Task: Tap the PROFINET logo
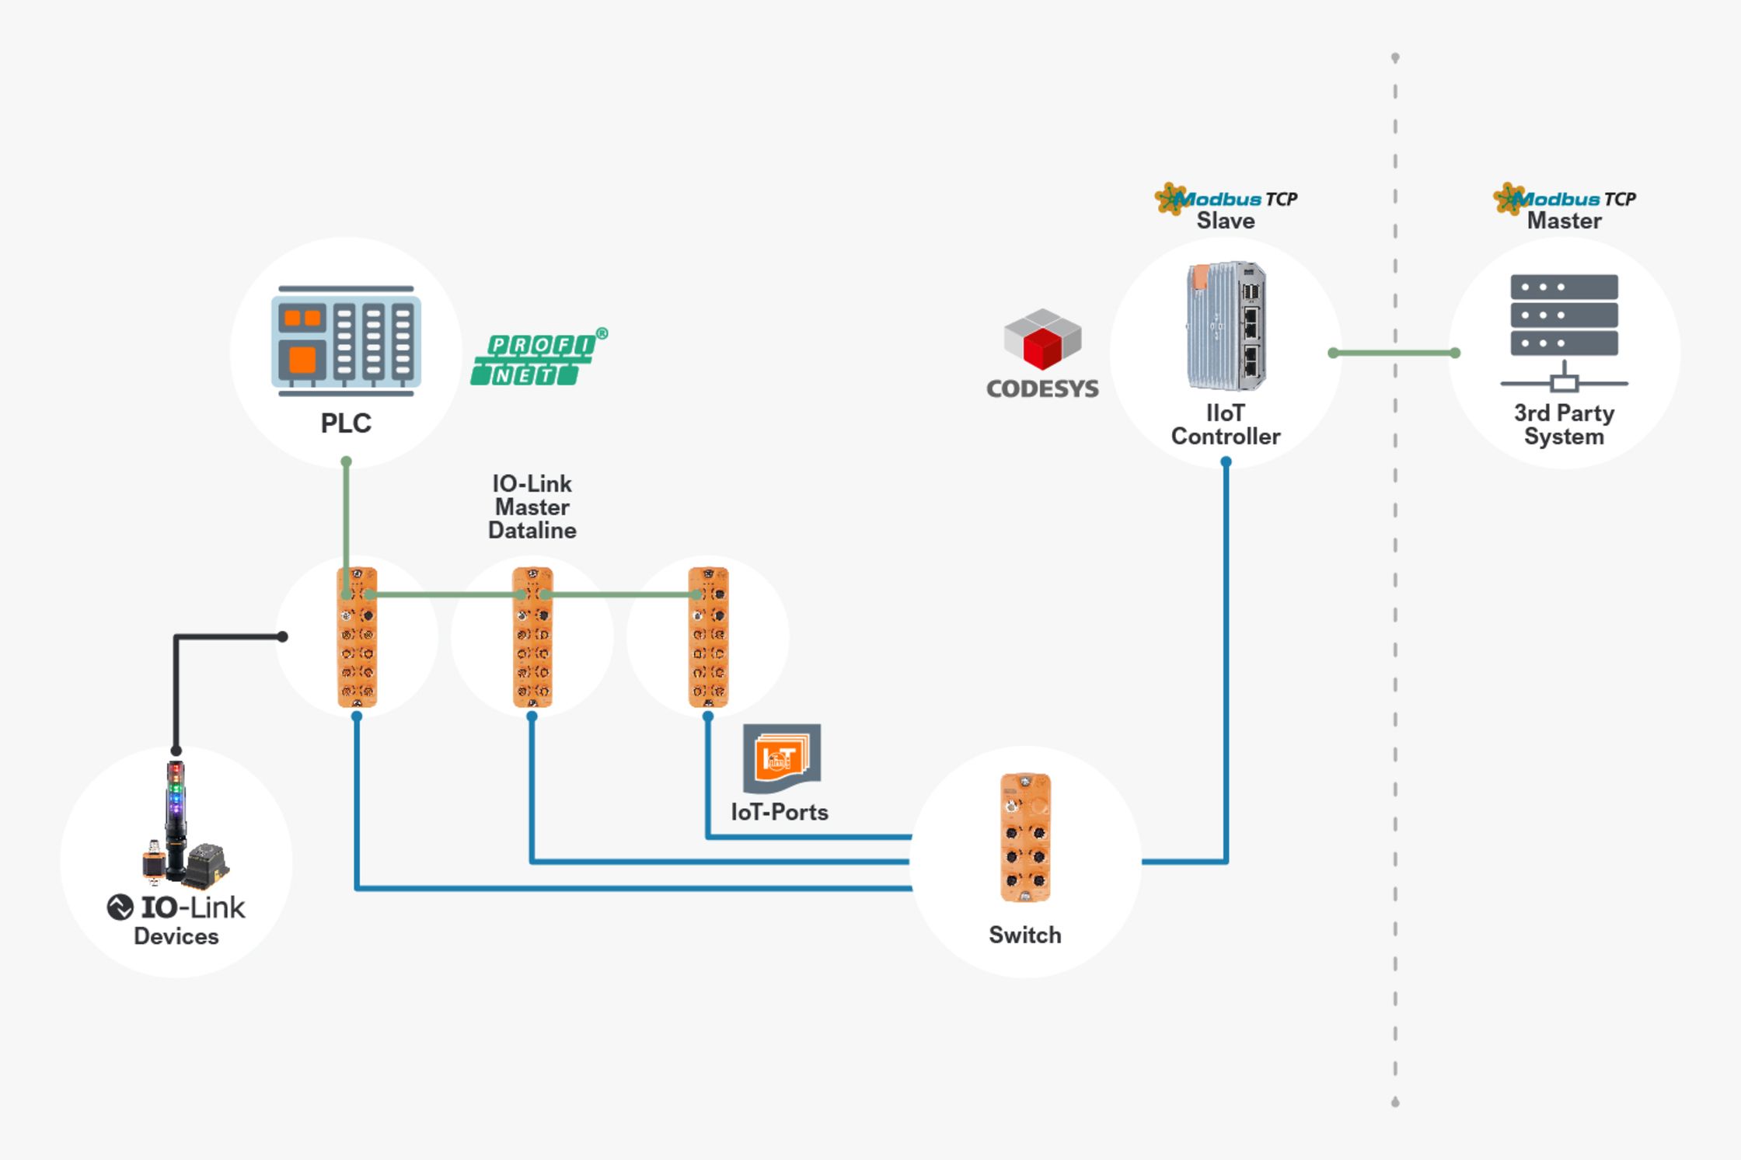click(538, 358)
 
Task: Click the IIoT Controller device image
click(1226, 326)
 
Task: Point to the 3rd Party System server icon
click(1564, 330)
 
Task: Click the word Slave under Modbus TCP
click(1226, 221)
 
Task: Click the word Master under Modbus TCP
click(1564, 221)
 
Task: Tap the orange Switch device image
click(1025, 838)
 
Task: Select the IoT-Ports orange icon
click(781, 758)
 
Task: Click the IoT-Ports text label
click(780, 813)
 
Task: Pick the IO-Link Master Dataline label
click(532, 507)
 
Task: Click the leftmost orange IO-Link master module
click(357, 637)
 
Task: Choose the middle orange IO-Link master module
click(532, 637)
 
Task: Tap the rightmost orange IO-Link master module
click(708, 637)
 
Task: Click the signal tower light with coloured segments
click(176, 800)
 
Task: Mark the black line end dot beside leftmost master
click(283, 637)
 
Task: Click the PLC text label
click(346, 423)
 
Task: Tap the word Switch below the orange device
click(1025, 935)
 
